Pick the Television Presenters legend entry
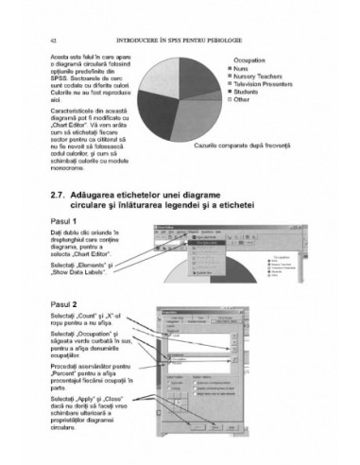[270, 83]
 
